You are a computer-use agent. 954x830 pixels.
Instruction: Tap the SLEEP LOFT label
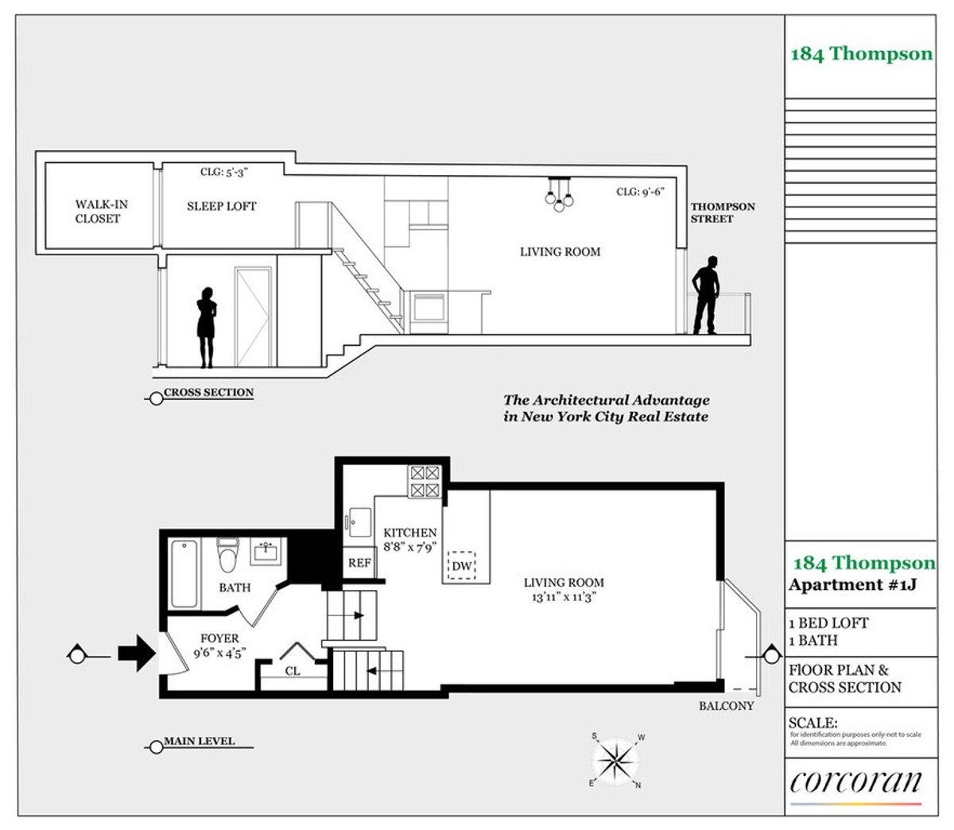click(x=222, y=206)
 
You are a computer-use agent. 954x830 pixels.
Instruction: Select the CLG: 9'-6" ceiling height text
click(x=640, y=192)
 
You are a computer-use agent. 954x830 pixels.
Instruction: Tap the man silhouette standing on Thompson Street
click(x=705, y=295)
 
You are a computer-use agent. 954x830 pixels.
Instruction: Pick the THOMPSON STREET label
click(x=723, y=212)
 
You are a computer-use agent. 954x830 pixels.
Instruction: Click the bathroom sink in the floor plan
click(x=264, y=551)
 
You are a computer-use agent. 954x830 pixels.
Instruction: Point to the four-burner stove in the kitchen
click(x=424, y=482)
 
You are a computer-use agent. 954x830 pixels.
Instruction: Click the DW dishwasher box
click(x=462, y=566)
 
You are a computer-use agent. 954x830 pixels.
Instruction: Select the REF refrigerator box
click(x=359, y=562)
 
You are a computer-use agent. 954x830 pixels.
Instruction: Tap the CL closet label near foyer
click(x=293, y=671)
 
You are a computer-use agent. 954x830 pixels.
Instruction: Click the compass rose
click(x=617, y=760)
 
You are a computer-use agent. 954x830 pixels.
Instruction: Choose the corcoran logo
click(x=855, y=782)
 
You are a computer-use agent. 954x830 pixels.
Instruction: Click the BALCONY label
click(x=727, y=705)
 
